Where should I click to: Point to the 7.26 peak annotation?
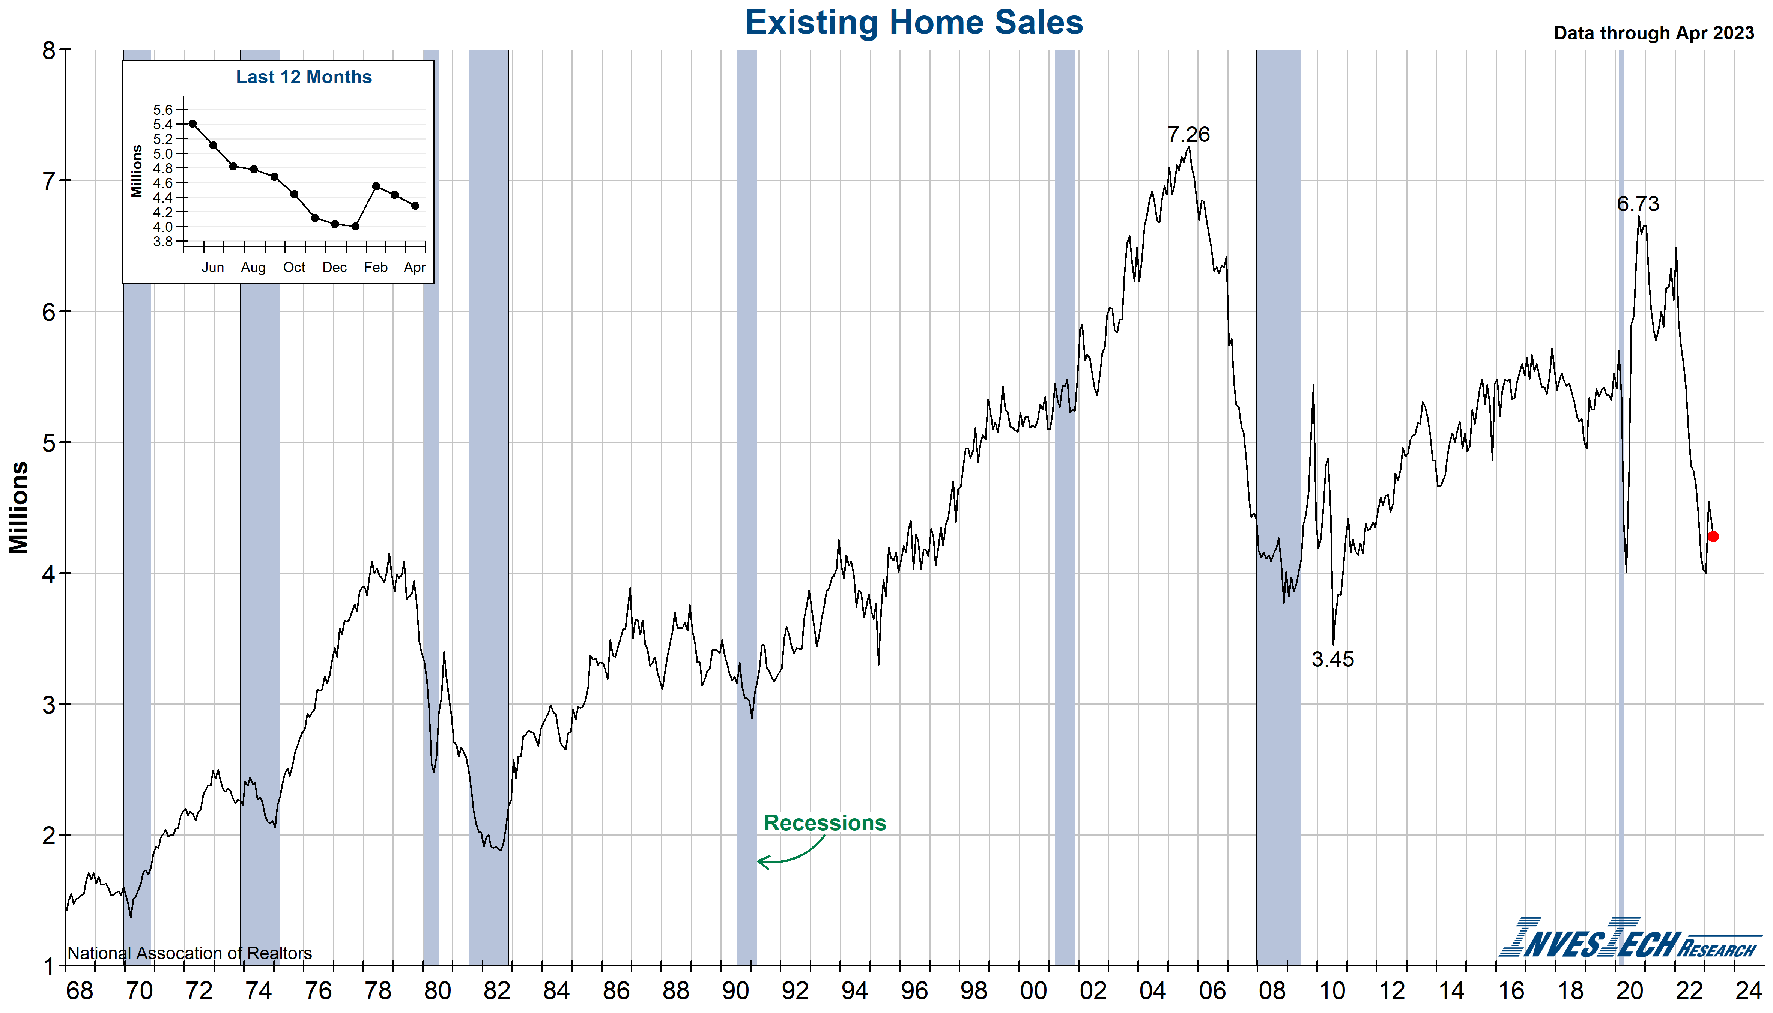point(1188,134)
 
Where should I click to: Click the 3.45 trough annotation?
point(1332,659)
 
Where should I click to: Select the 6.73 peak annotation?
point(1638,204)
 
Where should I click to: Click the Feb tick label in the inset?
point(376,267)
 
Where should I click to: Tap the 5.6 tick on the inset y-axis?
point(163,110)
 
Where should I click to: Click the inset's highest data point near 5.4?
point(193,124)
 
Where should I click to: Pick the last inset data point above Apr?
point(415,206)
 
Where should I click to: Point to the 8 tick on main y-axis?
point(49,50)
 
